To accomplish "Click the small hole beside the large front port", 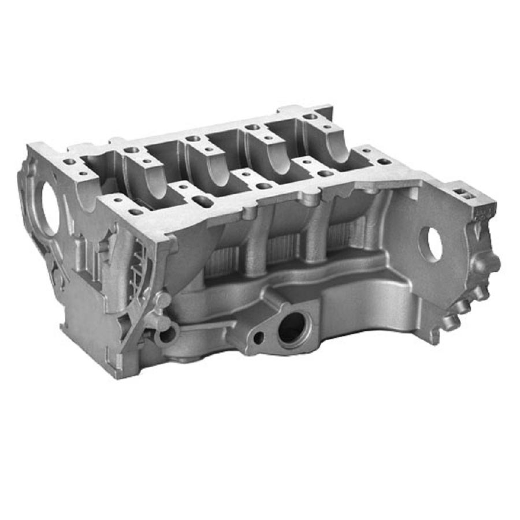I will [258, 337].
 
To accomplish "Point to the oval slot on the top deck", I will [202, 201].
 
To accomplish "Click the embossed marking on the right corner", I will [480, 214].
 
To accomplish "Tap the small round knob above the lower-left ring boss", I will [164, 300].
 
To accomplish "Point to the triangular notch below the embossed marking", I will [475, 231].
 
